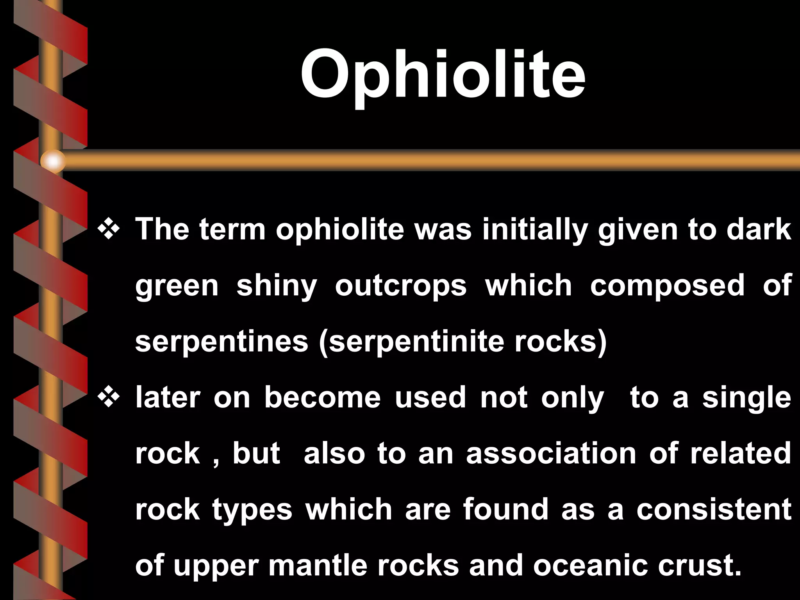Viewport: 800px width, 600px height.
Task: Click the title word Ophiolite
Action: [x=443, y=74]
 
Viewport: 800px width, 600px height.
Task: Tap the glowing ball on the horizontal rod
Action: [x=53, y=161]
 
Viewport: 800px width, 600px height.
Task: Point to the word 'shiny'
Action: [x=277, y=286]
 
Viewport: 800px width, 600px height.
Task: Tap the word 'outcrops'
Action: [x=401, y=286]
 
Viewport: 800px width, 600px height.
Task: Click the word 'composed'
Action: [x=667, y=285]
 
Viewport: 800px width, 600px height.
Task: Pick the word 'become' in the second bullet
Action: [x=322, y=398]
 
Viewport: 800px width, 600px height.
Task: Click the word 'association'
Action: [x=551, y=454]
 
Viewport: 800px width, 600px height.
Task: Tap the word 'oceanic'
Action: [x=590, y=566]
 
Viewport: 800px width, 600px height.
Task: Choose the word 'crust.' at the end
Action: [x=699, y=566]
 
